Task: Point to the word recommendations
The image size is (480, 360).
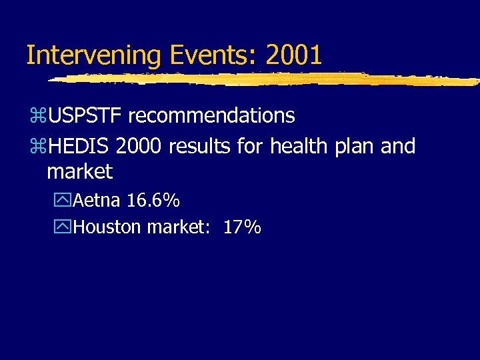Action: tap(211, 116)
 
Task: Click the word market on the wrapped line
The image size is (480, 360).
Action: tap(80, 172)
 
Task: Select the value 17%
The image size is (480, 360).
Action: tap(241, 227)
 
